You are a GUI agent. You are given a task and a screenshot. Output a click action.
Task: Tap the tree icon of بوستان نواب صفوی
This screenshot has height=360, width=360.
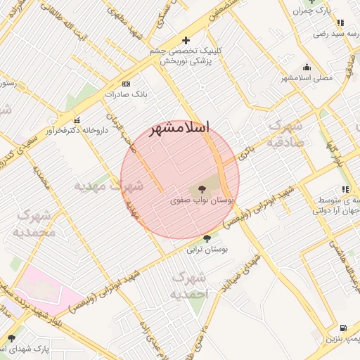(202, 189)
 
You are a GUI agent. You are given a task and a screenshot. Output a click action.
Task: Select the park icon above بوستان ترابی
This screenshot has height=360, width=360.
(206, 239)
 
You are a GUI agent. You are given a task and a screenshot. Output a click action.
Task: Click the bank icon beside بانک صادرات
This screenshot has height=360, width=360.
(126, 83)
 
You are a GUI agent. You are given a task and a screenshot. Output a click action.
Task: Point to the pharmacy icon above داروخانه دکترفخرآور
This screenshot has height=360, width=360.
(77, 120)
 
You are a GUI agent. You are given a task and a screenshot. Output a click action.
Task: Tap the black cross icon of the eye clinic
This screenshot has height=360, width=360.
(186, 41)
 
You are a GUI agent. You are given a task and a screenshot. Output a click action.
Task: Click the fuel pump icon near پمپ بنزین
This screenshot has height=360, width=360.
(342, 328)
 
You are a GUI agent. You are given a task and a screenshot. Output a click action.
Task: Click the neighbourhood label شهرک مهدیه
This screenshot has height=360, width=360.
(109, 186)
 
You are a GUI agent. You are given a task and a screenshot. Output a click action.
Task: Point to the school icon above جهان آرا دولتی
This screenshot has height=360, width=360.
(345, 189)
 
